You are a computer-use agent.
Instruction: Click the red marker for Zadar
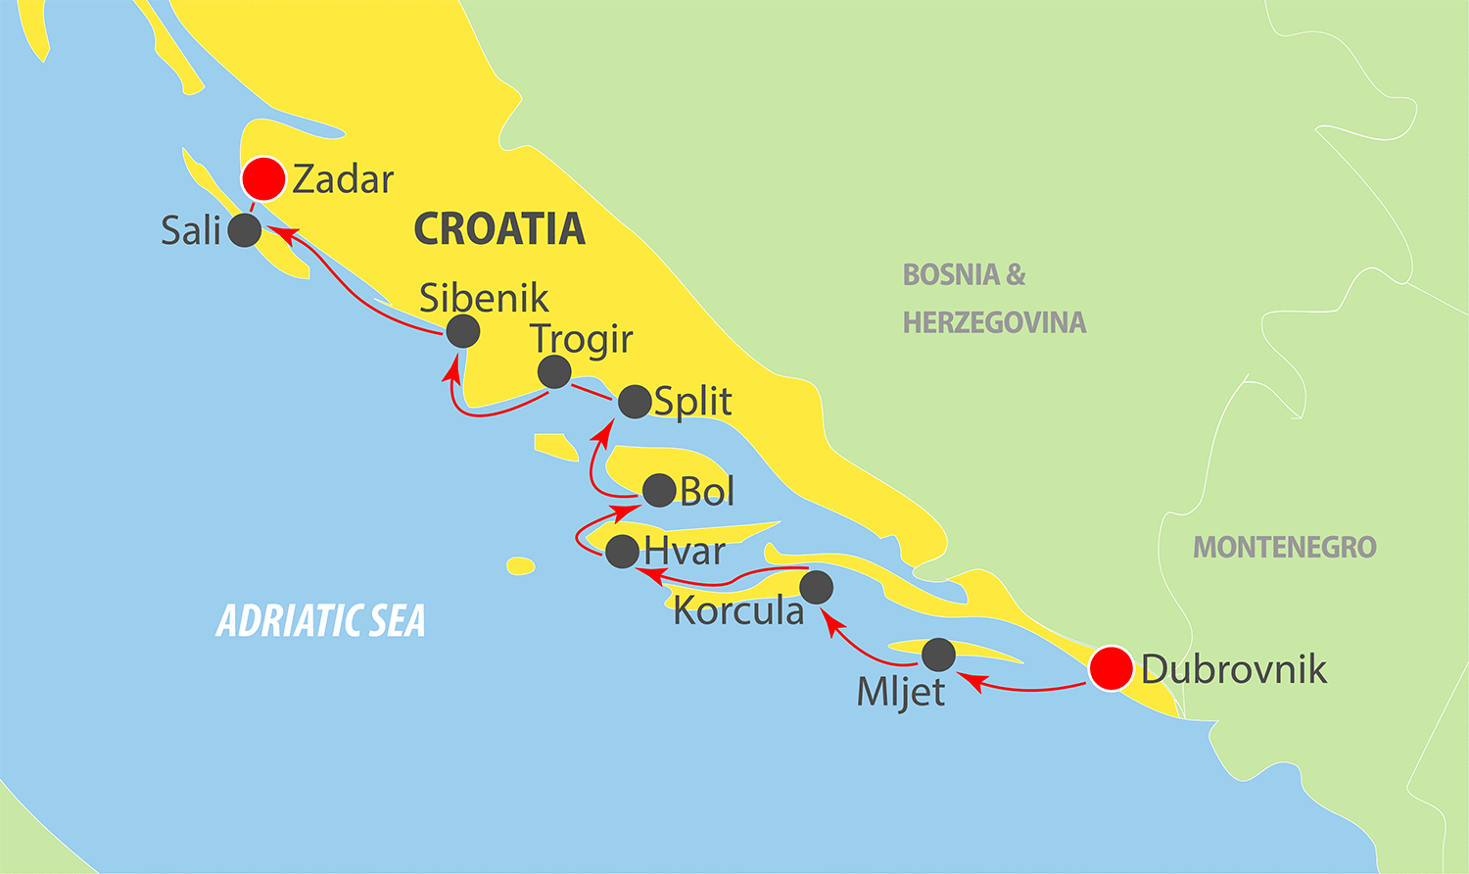[263, 179]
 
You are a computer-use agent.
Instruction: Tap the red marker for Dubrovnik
[1112, 669]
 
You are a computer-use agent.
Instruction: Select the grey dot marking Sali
[245, 230]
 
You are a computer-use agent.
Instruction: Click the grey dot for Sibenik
[463, 331]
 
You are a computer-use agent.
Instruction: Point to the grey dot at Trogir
[554, 372]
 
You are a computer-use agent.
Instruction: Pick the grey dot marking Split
[635, 401]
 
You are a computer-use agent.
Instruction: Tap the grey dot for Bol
[659, 490]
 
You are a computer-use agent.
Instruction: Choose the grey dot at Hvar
[623, 552]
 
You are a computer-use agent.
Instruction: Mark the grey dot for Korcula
[817, 587]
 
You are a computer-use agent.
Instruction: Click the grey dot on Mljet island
[938, 655]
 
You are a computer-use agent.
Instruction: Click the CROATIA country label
[498, 229]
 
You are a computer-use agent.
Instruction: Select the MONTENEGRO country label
[1284, 547]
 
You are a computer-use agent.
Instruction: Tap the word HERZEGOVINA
[994, 322]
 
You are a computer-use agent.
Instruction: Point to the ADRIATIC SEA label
[320, 621]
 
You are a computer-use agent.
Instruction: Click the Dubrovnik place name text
[1234, 669]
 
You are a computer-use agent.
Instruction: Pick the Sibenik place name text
[484, 298]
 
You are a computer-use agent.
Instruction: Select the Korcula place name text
[738, 611]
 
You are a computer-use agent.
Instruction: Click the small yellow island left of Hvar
[521, 566]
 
